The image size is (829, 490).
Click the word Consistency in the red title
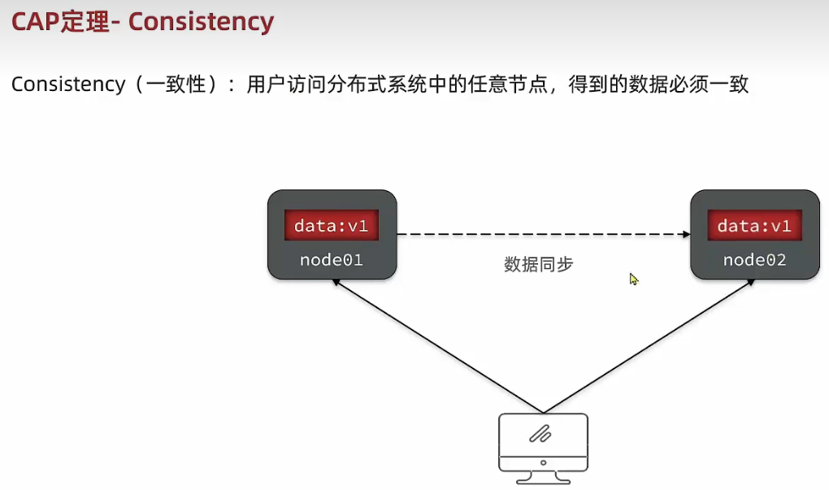[201, 22]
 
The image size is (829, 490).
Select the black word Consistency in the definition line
[68, 85]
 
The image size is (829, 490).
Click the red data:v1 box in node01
[332, 225]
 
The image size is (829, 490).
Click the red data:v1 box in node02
[754, 225]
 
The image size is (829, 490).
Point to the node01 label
[332, 260]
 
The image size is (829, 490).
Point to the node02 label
[754, 260]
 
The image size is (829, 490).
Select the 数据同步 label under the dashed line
[538, 264]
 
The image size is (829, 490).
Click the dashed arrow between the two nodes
[540, 234]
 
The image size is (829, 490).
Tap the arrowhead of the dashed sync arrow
[685, 234]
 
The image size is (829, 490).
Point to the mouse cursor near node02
[633, 279]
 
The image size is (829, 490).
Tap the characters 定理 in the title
[89, 22]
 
